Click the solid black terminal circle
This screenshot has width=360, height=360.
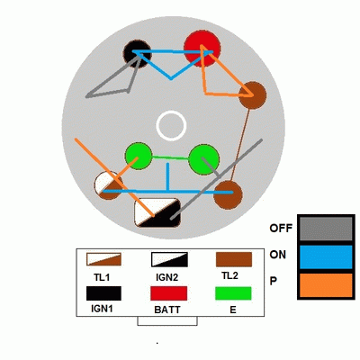click(x=138, y=54)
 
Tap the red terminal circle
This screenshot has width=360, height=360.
click(x=202, y=49)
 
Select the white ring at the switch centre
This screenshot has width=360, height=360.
click(x=171, y=126)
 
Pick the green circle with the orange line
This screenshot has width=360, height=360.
click(x=139, y=156)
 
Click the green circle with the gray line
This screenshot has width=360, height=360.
click(x=204, y=159)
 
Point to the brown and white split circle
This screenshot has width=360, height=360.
click(x=108, y=185)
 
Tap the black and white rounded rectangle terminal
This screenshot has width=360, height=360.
click(x=157, y=212)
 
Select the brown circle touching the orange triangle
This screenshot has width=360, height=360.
click(x=252, y=95)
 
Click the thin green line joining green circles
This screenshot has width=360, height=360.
click(x=171, y=157)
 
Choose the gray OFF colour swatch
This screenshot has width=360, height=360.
click(x=326, y=229)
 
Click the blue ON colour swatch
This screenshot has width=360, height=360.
click(x=326, y=256)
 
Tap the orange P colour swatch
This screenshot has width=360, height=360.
click(x=326, y=285)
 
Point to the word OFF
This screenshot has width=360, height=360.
click(x=281, y=229)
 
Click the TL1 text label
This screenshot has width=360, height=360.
click(x=102, y=277)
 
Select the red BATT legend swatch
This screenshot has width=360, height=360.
click(x=168, y=293)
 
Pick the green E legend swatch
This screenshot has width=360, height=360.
click(x=233, y=293)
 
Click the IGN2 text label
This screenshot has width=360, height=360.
click(x=167, y=277)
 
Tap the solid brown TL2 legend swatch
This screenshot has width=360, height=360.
click(x=234, y=259)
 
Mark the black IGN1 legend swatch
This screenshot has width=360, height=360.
click(x=103, y=293)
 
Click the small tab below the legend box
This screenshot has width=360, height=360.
click(x=167, y=321)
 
